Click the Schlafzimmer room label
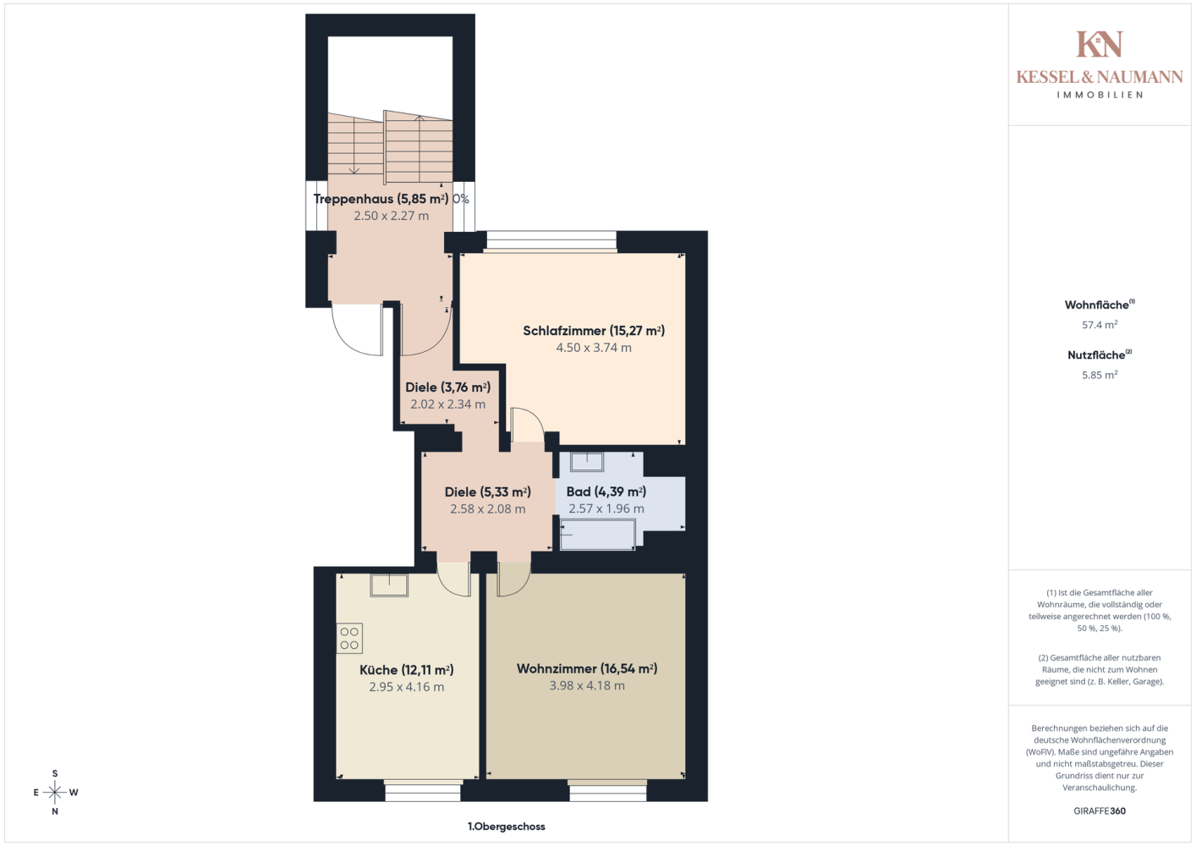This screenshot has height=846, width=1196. click(x=594, y=331)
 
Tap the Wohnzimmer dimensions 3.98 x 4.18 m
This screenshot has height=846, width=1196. click(x=587, y=685)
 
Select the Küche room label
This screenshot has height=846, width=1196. click(x=406, y=670)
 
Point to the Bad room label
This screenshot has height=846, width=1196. click(x=606, y=492)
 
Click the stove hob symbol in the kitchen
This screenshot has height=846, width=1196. click(x=349, y=638)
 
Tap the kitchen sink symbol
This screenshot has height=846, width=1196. click(x=389, y=585)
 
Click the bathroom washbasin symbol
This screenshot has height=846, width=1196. click(x=587, y=462)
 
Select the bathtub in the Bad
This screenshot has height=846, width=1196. click(x=597, y=534)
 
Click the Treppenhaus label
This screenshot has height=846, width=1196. click(x=381, y=199)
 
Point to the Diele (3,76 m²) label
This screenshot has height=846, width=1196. click(x=448, y=387)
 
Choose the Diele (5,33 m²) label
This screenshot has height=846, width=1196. click(x=487, y=492)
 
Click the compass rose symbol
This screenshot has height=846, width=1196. click(x=55, y=793)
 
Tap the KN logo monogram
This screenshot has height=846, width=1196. click(x=1100, y=44)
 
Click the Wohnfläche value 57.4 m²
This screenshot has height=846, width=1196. click(x=1100, y=325)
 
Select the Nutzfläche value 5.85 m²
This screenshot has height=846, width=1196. click(x=1100, y=375)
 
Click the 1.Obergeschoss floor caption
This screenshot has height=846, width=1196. click(x=506, y=827)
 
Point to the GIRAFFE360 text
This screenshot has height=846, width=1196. click(x=1100, y=810)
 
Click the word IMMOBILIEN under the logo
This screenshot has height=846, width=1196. click(x=1100, y=95)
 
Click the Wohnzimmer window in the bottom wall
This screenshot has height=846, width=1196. click(x=607, y=790)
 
